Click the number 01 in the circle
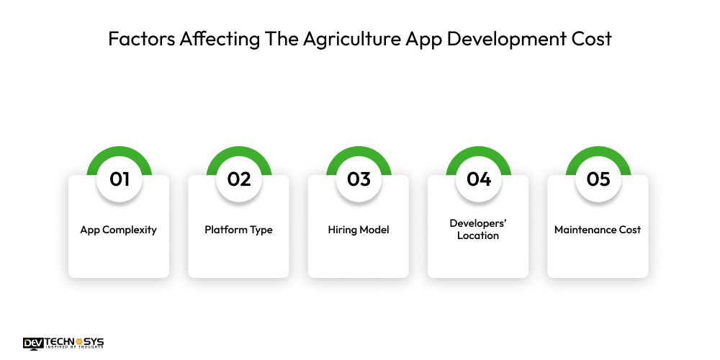pos(120,179)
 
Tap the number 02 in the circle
pos(239,179)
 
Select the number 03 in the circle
pos(359,179)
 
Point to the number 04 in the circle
pos(479,179)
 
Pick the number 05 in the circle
pos(598,179)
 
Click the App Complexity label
pos(119,230)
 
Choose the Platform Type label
pos(238,230)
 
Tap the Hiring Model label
pos(359,230)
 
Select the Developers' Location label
pos(478,230)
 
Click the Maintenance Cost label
pos(598,230)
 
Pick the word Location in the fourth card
pos(478,236)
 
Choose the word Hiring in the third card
pos(342,230)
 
